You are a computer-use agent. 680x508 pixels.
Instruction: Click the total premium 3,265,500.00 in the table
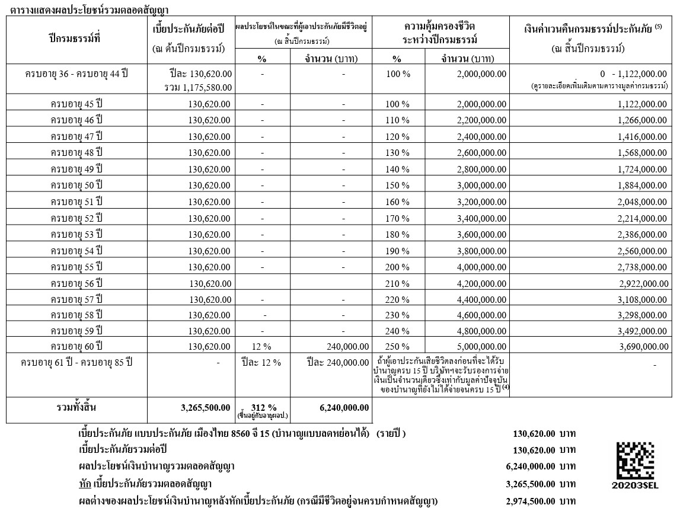205,408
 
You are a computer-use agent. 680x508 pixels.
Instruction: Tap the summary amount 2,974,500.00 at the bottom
531,501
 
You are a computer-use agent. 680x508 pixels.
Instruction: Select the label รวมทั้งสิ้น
75,408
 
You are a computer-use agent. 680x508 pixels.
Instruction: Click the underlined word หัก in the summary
85,484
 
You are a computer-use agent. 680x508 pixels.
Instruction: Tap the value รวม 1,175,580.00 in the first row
198,87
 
